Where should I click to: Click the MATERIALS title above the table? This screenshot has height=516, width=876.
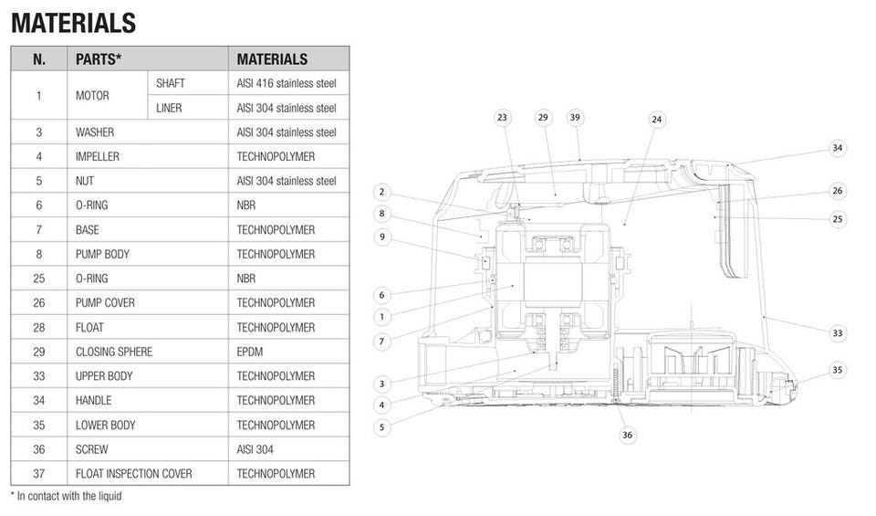(x=74, y=23)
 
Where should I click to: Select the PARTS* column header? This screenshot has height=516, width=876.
(x=99, y=59)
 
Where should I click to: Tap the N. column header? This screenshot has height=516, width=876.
(x=39, y=59)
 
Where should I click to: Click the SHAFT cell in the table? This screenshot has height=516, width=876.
(x=171, y=83)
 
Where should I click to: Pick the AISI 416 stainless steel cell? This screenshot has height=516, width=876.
(x=287, y=83)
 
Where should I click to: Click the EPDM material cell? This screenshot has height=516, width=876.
(x=252, y=352)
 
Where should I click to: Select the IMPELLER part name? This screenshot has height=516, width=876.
(x=98, y=156)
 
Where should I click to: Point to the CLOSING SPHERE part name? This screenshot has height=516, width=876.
(x=114, y=352)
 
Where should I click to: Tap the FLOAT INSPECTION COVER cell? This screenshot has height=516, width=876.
(x=134, y=474)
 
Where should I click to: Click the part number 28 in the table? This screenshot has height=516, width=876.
(x=39, y=327)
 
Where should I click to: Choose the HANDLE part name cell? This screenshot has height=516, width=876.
(x=93, y=400)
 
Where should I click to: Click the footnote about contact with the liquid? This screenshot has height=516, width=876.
(x=66, y=496)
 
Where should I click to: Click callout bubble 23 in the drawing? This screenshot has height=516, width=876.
(x=503, y=118)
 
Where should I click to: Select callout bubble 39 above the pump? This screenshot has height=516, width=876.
(x=575, y=118)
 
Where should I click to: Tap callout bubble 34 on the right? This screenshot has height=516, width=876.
(x=838, y=148)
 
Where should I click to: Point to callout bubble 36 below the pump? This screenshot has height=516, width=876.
(x=627, y=435)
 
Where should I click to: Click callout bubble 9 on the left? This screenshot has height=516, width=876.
(x=382, y=237)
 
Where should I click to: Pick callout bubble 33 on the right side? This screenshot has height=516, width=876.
(x=838, y=333)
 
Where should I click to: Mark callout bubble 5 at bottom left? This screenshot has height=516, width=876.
(x=382, y=426)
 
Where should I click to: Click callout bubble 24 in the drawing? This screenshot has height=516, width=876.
(x=657, y=120)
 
